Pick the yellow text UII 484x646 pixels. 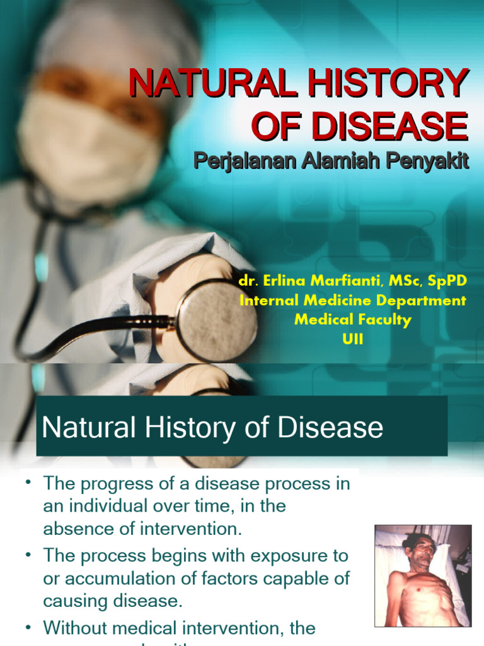tap(352, 339)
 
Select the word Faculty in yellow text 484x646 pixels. tap(383, 320)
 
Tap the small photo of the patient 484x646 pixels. tap(423, 575)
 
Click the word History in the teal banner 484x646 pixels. tap(213, 428)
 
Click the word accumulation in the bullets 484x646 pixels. tap(112, 578)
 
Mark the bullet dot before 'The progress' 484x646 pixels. tap(28, 484)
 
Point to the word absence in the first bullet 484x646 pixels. tap(74, 529)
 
